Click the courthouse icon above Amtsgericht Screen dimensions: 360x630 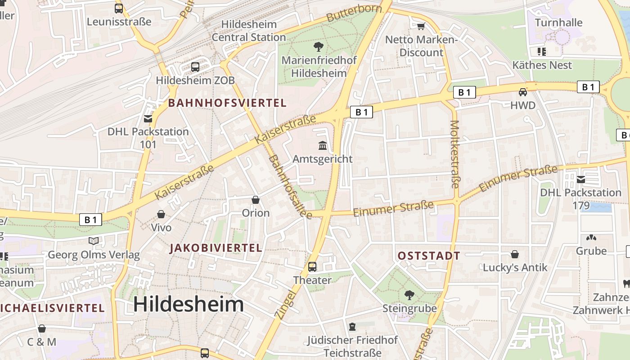pyautogui.click(x=323, y=145)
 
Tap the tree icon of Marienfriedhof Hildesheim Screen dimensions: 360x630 pyautogui.click(x=319, y=46)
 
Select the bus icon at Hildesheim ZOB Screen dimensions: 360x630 pyautogui.click(x=195, y=67)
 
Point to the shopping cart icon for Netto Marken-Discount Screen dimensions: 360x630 pyautogui.click(x=421, y=26)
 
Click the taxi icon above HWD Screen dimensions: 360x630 pyautogui.click(x=523, y=92)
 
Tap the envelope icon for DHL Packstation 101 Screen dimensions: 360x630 pyautogui.click(x=148, y=119)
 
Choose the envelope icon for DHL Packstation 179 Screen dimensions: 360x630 pyautogui.click(x=581, y=179)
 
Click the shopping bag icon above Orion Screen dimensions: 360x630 pyautogui.click(x=256, y=199)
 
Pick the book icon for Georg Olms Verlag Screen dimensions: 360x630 pyautogui.click(x=94, y=241)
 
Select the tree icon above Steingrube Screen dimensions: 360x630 pyautogui.click(x=409, y=295)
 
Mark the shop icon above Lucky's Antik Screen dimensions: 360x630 pyautogui.click(x=515, y=254)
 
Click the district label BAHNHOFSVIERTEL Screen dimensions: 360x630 pyautogui.click(x=227, y=103)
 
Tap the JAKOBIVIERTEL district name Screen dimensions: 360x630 pyautogui.click(x=216, y=248)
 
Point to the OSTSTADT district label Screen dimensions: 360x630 pyautogui.click(x=429, y=256)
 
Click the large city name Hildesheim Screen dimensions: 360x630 pyautogui.click(x=189, y=305)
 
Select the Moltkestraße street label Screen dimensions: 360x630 pyautogui.click(x=454, y=154)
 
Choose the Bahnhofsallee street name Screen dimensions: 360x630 pyautogui.click(x=290, y=187)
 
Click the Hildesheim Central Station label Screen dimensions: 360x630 pyautogui.click(x=248, y=31)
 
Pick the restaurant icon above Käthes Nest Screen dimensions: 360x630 pyautogui.click(x=542, y=51)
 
